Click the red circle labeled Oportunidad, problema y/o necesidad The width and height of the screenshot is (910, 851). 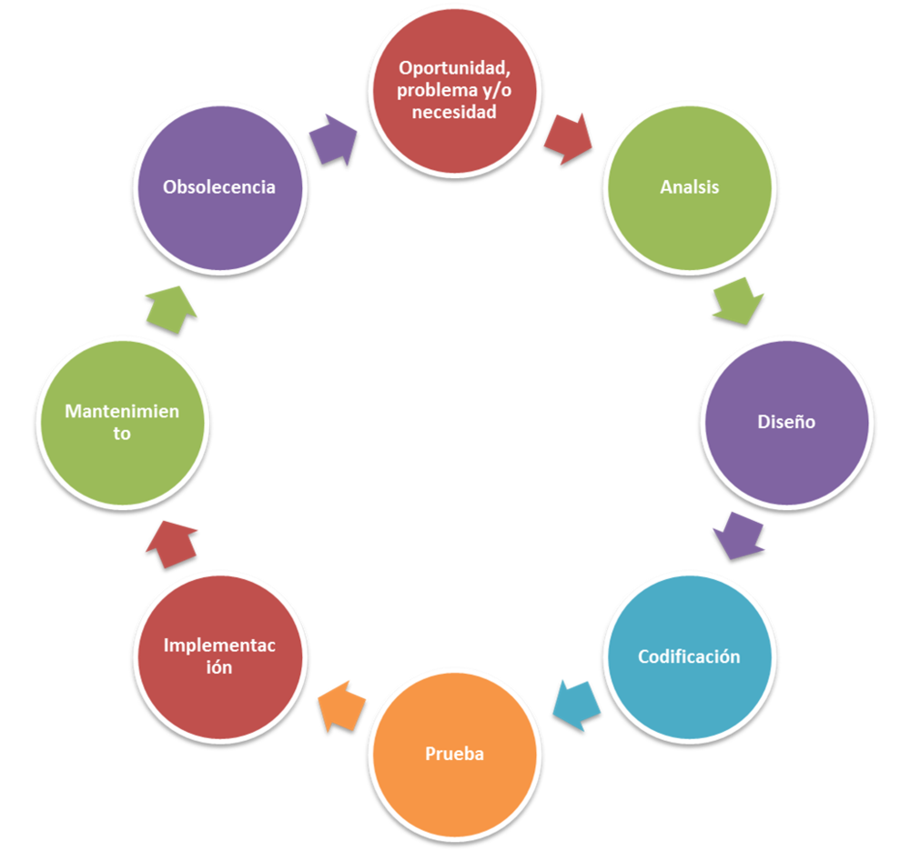(x=454, y=91)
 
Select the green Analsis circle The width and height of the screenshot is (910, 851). (x=690, y=188)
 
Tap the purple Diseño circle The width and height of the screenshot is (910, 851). (x=787, y=423)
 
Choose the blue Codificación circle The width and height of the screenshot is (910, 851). (x=690, y=657)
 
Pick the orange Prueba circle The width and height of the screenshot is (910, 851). (x=454, y=755)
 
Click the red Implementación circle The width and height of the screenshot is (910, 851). (x=220, y=657)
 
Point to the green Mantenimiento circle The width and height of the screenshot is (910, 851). (x=123, y=423)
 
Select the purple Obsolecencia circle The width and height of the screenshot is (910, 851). (x=220, y=188)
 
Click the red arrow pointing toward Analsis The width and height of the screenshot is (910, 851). (x=568, y=139)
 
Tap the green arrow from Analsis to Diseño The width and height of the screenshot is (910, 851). (x=738, y=302)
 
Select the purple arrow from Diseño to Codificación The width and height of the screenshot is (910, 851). (x=738, y=536)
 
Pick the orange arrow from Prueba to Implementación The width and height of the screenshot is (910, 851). (x=342, y=706)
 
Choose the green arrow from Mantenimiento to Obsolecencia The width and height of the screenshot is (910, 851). (x=171, y=310)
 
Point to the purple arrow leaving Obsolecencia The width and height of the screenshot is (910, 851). (x=333, y=140)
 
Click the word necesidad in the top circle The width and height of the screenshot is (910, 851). (x=454, y=112)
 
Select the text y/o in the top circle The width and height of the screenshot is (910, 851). (x=497, y=91)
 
